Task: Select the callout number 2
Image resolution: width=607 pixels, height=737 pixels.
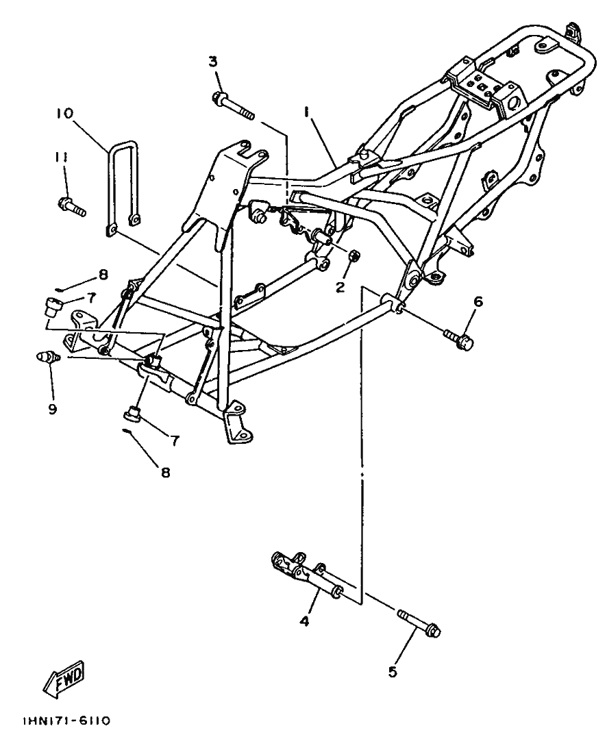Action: pos(340,286)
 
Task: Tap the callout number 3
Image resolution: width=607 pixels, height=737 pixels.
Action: pos(213,62)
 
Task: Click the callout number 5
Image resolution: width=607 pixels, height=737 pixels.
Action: pos(393,672)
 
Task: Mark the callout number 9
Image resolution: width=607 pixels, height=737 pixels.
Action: pos(52,409)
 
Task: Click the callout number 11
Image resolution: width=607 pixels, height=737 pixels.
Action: pos(62,158)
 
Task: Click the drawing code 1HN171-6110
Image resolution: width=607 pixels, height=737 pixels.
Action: pos(66,721)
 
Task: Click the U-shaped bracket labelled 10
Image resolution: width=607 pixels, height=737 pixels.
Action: pos(123,185)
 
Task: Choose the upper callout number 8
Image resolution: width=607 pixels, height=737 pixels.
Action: pos(103,275)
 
